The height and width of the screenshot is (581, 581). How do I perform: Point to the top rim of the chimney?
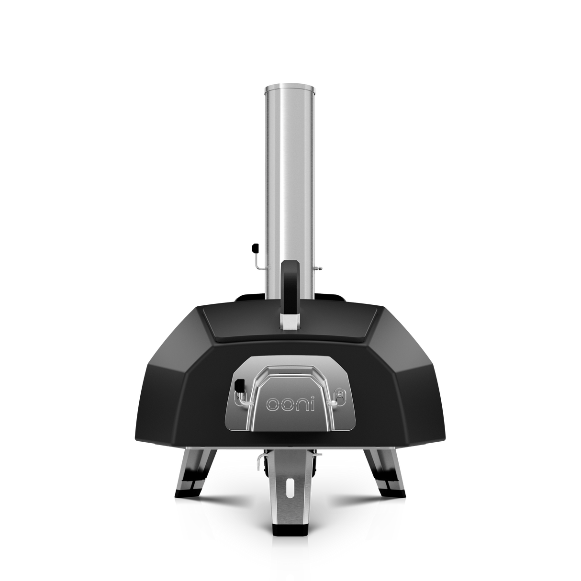click(290, 88)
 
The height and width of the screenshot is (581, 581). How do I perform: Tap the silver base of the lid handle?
click(290, 322)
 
